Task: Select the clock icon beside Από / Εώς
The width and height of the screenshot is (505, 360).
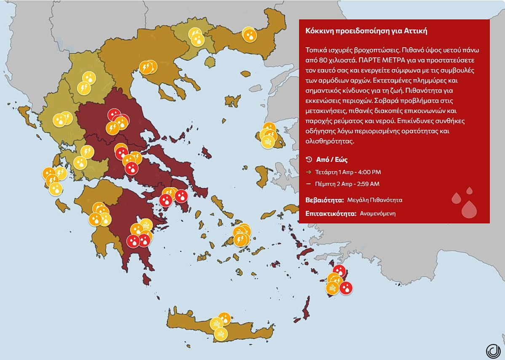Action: [x=309, y=160]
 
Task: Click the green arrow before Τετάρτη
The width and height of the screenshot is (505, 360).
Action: [x=308, y=172]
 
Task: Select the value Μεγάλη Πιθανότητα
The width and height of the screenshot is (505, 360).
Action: [x=375, y=200]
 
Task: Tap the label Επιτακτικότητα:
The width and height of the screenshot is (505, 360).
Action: [x=331, y=213]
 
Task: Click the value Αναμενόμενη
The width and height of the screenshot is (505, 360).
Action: [x=377, y=213]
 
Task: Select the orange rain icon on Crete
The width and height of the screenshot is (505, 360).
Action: [x=224, y=319]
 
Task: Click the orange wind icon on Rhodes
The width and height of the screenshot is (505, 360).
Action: [x=332, y=288]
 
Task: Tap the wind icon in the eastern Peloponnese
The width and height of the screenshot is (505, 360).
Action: [x=146, y=224]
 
